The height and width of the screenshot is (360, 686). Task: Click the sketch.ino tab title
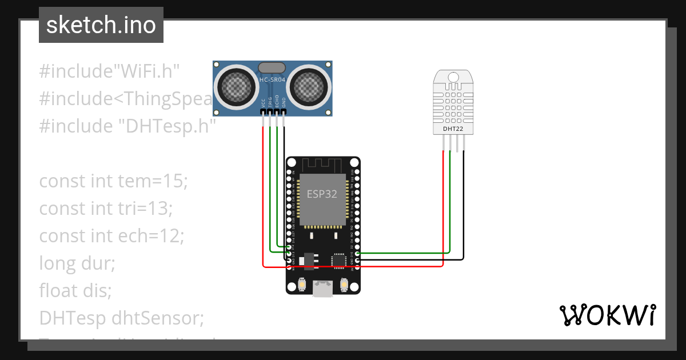[101, 25]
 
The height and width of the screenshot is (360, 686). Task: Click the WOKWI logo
[607, 315]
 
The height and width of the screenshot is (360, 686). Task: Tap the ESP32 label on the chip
[322, 194]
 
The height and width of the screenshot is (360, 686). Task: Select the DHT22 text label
[453, 129]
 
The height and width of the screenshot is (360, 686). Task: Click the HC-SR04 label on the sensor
[273, 81]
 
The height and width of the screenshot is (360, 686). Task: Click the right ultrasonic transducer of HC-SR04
[309, 87]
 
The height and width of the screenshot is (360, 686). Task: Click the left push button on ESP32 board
[302, 284]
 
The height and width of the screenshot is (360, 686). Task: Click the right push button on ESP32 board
[344, 284]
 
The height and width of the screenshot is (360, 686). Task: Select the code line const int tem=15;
[113, 181]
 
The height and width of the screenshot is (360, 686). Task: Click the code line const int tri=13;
[106, 209]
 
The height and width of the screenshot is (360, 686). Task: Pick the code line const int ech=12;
[111, 236]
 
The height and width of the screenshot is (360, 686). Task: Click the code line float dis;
[75, 291]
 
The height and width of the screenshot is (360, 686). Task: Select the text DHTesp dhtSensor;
[121, 318]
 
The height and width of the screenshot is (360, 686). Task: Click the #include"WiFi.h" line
[110, 71]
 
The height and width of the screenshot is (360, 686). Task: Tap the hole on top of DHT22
[453, 77]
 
